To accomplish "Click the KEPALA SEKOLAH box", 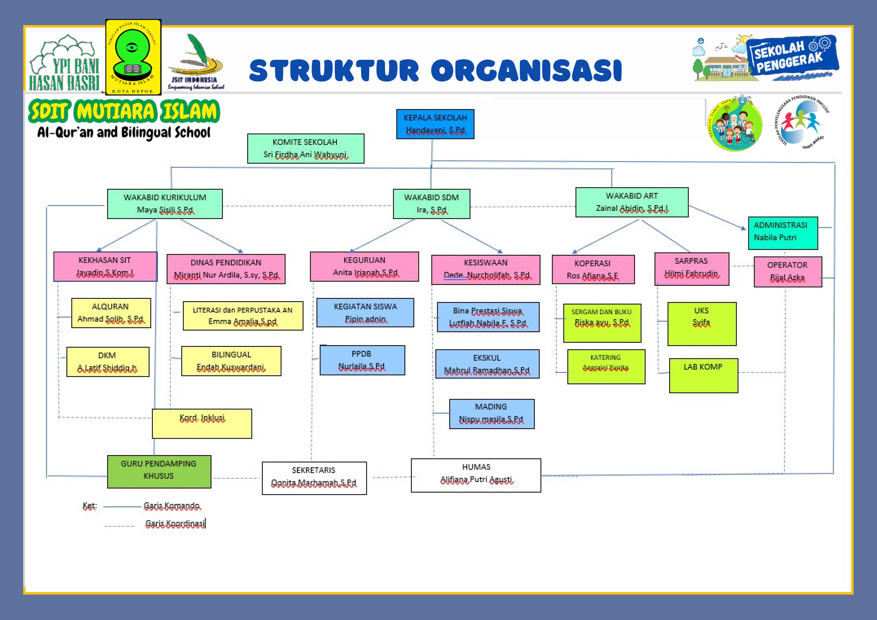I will pyautogui.click(x=435, y=124).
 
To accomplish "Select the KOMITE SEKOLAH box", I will pyautogui.click(x=306, y=148).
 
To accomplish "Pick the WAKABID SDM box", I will pyautogui.click(x=432, y=204).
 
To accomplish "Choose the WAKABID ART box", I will pyautogui.click(x=632, y=202).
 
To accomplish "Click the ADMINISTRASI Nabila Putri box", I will pyautogui.click(x=783, y=233).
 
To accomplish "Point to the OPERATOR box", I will pyautogui.click(x=788, y=271).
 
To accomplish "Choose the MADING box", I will pyautogui.click(x=492, y=414).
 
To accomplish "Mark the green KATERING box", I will pyautogui.click(x=606, y=366).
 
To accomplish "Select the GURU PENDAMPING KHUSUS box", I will pyautogui.click(x=159, y=471).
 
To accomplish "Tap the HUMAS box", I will pyautogui.click(x=476, y=475).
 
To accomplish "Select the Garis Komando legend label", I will pyautogui.click(x=172, y=506).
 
